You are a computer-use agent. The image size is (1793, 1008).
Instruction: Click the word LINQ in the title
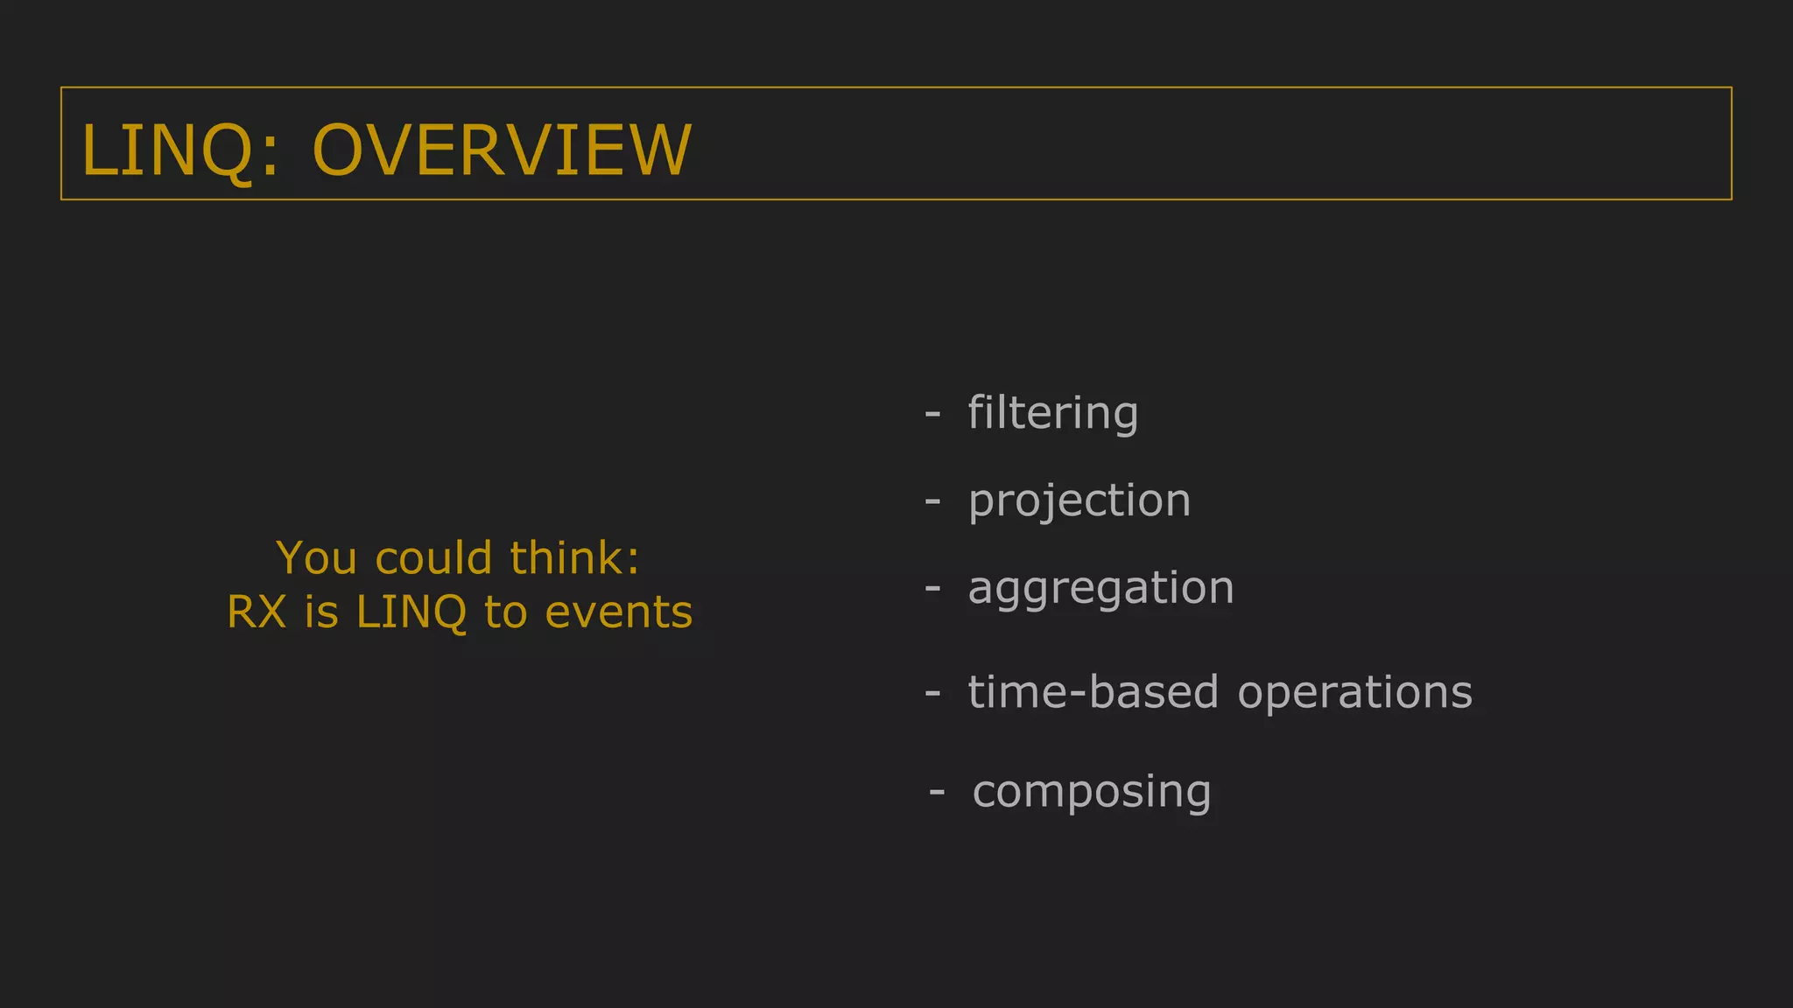[x=167, y=150]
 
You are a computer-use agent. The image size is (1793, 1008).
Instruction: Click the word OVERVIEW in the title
[x=502, y=150]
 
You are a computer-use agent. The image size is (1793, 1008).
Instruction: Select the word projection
[x=1079, y=501]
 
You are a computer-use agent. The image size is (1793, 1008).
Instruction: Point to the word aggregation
[x=1100, y=588]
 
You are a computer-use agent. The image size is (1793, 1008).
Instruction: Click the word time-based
[x=1093, y=692]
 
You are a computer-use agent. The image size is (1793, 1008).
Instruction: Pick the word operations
[x=1354, y=694]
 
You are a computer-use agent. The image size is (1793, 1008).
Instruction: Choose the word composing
[x=1092, y=792]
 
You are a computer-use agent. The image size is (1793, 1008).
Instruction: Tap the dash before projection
[x=932, y=500]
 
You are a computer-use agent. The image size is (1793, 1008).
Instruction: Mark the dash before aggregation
[x=932, y=587]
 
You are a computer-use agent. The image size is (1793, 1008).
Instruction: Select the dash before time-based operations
[x=932, y=692]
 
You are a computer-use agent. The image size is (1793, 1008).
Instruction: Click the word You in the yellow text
[x=316, y=558]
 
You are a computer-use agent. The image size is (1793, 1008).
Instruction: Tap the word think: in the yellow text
[x=575, y=558]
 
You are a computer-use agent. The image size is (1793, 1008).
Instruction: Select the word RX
[x=257, y=612]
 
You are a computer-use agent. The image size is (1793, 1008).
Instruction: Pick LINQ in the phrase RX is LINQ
[x=411, y=612]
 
